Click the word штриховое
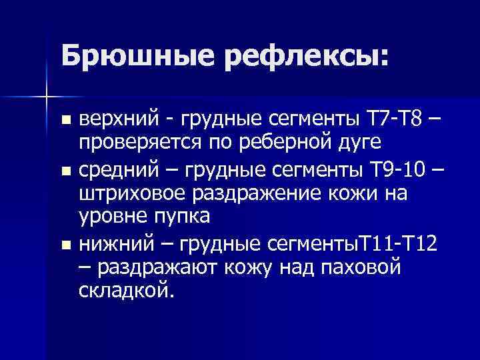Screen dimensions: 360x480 (135, 193)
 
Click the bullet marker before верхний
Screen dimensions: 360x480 (64, 121)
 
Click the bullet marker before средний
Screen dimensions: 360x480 (64, 171)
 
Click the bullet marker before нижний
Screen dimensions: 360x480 (64, 245)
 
